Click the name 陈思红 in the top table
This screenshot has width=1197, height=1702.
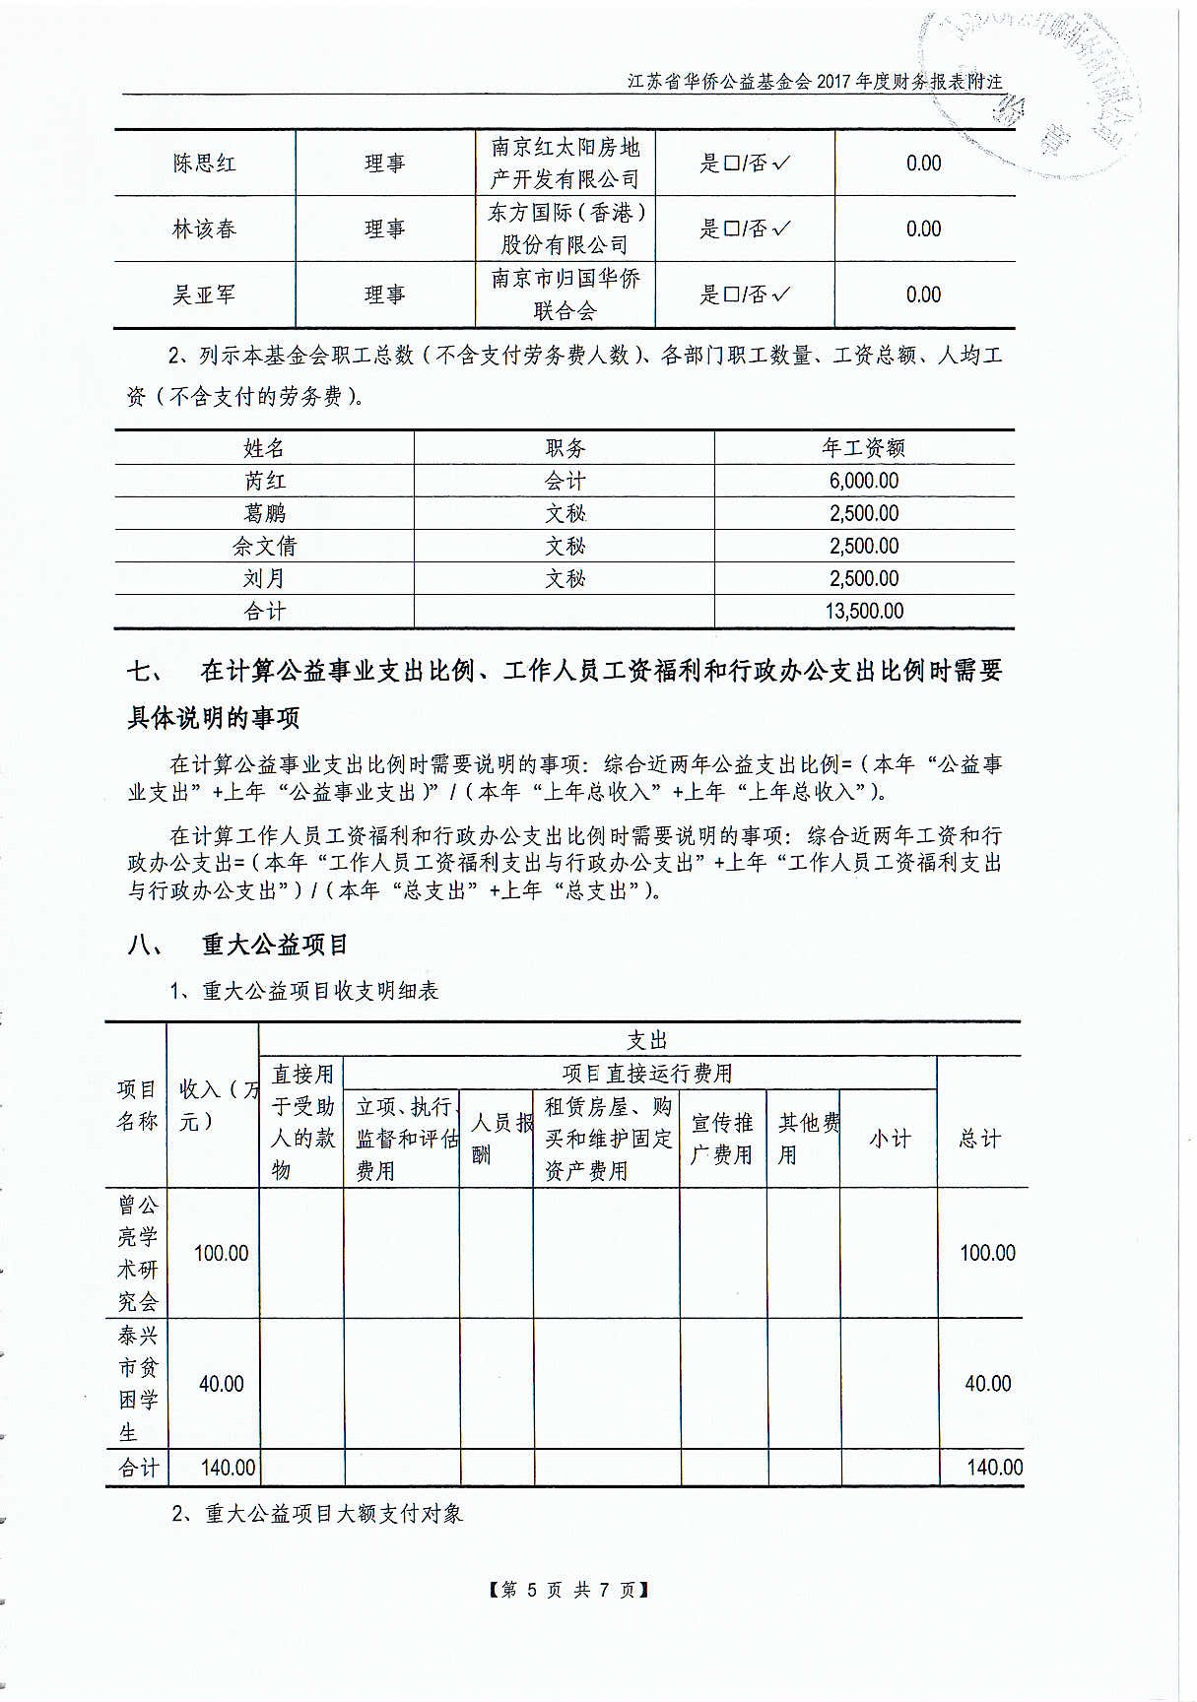[x=205, y=164]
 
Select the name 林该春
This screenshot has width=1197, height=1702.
[x=205, y=229]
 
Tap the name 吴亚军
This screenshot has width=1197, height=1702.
[x=205, y=295]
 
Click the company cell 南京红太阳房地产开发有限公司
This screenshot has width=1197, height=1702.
[x=565, y=164]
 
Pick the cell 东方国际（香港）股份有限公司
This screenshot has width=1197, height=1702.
[x=565, y=229]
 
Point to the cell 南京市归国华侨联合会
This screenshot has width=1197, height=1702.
[x=565, y=295]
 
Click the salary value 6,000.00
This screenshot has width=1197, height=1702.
[x=864, y=481]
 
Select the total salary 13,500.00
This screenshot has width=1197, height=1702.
[x=864, y=611]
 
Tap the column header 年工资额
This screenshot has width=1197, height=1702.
[x=864, y=448]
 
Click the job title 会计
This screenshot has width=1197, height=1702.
[x=565, y=481]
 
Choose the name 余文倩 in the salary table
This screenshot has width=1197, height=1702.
[x=264, y=546]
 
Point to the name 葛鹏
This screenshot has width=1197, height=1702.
[x=264, y=513]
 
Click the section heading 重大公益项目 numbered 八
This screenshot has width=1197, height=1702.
[x=276, y=946]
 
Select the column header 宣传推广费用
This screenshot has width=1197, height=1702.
[x=722, y=1139]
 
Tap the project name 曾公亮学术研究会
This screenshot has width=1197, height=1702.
[x=137, y=1253]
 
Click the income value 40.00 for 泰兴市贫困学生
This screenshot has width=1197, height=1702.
[x=222, y=1384]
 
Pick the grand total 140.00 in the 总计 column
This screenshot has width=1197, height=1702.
[x=995, y=1468]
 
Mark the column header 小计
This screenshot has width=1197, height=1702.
[x=889, y=1139]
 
